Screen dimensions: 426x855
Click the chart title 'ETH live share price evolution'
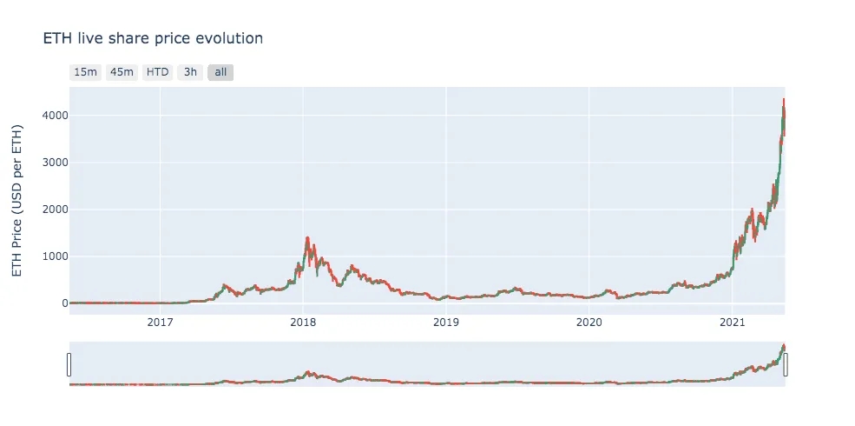[153, 38]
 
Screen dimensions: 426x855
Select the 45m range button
[121, 72]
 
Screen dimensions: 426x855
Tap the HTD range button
[157, 72]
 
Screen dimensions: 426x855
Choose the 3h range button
[190, 72]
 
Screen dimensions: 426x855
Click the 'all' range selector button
[220, 72]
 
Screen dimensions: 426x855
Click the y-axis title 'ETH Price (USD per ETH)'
[17, 202]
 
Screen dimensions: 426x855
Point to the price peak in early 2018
[307, 237]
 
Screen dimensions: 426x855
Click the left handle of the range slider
[69, 365]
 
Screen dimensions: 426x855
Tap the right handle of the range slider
[786, 365]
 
